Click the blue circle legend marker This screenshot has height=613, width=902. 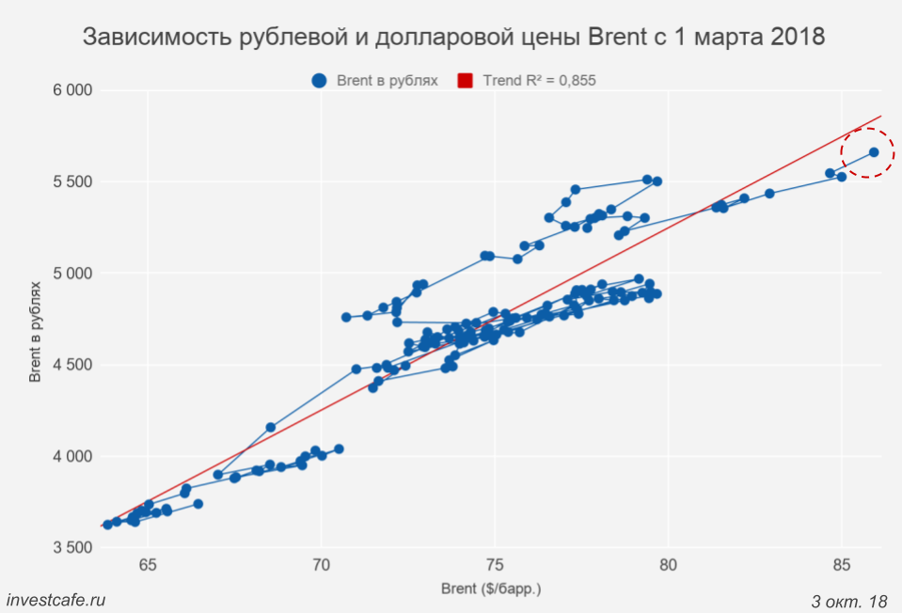coord(320,81)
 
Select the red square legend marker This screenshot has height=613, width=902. coord(465,81)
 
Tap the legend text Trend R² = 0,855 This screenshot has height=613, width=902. coord(539,81)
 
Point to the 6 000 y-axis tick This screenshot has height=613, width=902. coord(71,90)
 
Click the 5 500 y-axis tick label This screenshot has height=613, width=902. coord(71,181)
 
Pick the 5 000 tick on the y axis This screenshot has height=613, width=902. coord(71,274)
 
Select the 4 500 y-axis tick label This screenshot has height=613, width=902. coord(71,365)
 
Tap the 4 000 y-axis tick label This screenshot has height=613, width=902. coord(71,457)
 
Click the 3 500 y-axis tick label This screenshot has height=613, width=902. coord(71,548)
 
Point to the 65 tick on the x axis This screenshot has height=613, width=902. coord(148,564)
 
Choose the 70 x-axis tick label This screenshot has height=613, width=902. coord(322,564)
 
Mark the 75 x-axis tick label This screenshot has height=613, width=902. coord(495,564)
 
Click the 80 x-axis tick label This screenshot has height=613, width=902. coord(668,564)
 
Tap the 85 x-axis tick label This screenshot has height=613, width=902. coord(842,564)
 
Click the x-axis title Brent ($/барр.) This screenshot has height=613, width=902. coord(491,589)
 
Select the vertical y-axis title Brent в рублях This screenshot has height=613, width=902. coord(35,329)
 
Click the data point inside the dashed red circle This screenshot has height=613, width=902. coord(874,151)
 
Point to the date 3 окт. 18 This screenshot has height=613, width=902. coord(848,600)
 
